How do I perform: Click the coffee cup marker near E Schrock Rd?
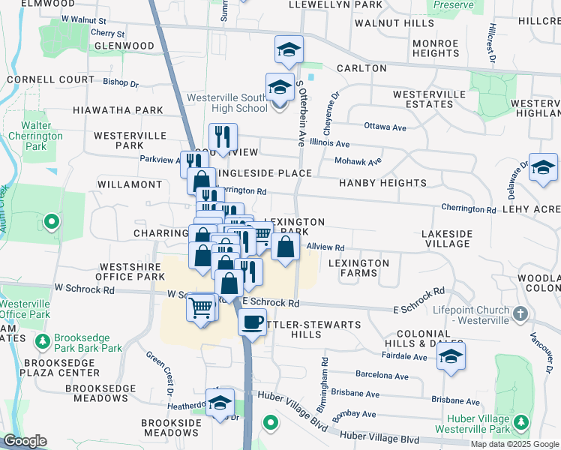point(253,322)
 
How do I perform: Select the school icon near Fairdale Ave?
point(451,357)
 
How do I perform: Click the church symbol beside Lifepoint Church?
point(522,313)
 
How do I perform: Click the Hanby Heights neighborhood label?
point(382,183)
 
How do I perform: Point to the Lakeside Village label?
point(447,238)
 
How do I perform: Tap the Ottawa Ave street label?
point(385,127)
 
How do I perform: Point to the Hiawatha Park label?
point(118,110)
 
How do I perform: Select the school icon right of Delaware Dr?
point(543,168)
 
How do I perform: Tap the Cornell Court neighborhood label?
point(46,79)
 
